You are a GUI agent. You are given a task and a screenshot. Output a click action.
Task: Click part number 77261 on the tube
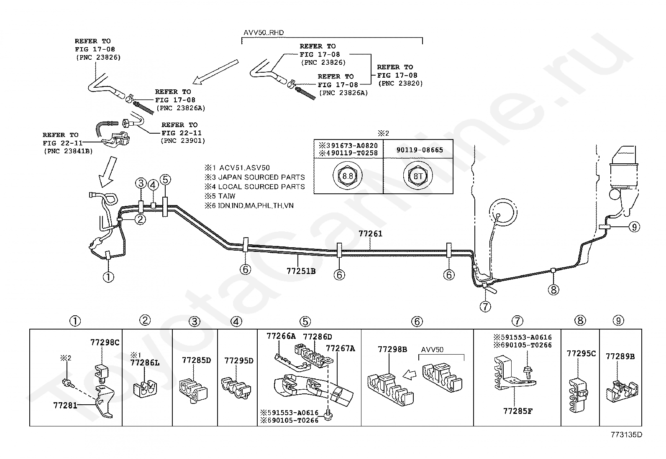[x=371, y=233]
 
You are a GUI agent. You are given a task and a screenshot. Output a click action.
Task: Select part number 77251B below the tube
[x=301, y=271]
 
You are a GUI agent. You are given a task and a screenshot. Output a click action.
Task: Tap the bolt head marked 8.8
[x=348, y=176]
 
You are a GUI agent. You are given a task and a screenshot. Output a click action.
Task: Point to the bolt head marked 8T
[x=418, y=176]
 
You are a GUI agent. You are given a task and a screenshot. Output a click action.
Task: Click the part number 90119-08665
[x=420, y=150]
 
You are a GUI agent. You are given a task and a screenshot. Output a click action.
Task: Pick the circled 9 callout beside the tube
[x=634, y=227]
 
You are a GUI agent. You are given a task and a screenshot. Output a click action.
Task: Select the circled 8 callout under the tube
[x=553, y=289]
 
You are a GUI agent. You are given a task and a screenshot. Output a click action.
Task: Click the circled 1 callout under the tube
[x=108, y=277]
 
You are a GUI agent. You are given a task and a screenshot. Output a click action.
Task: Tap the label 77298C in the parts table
[x=105, y=342]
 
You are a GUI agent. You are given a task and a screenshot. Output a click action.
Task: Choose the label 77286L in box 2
[x=145, y=363]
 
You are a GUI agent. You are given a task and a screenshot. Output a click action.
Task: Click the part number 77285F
[x=517, y=411]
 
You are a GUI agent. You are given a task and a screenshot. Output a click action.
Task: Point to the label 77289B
[x=620, y=356]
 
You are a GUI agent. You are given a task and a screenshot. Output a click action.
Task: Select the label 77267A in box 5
[x=341, y=348]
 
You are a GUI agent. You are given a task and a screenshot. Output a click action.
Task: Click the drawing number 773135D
[x=626, y=435]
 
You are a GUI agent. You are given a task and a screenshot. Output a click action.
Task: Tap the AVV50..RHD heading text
[x=264, y=33]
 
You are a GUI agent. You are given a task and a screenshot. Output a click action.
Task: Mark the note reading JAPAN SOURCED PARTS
[x=261, y=177]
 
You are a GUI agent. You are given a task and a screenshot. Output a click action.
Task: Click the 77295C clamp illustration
[x=578, y=395]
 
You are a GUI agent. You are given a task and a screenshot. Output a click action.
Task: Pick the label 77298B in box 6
[x=392, y=350]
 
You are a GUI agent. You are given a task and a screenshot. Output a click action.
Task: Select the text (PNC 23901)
[x=183, y=141]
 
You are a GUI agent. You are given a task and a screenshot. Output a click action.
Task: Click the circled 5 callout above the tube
[x=165, y=180]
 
